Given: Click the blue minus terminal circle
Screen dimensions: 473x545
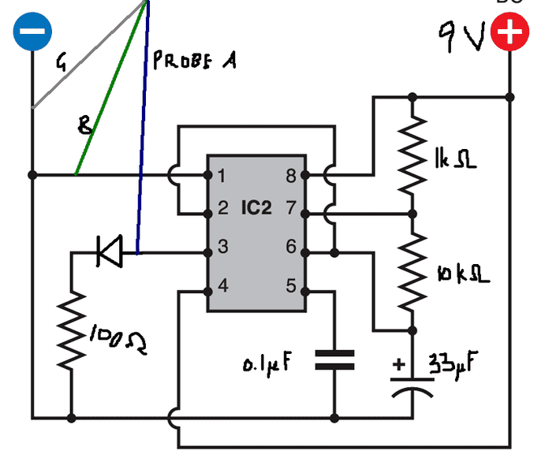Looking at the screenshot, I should coord(33,32).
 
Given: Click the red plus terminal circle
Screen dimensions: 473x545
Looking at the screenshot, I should coord(510,33).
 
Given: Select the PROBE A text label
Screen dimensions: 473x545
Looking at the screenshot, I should coord(194,61).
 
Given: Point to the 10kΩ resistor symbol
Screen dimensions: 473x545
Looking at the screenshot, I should coord(411,273).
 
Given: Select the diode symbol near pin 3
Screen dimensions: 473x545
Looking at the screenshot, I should coord(108,253).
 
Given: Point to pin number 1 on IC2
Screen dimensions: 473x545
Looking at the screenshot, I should coord(223,176).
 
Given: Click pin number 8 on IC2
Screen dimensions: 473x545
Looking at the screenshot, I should coord(290,176).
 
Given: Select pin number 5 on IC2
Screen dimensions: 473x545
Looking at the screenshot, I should coord(290,286).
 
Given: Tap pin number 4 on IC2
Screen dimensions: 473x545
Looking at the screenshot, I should coord(223,286).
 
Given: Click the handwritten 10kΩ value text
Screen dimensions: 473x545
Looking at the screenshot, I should coord(462,274).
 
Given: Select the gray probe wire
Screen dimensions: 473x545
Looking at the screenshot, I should coord(87,54).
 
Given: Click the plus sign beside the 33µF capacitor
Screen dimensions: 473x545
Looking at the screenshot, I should coord(399,365).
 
